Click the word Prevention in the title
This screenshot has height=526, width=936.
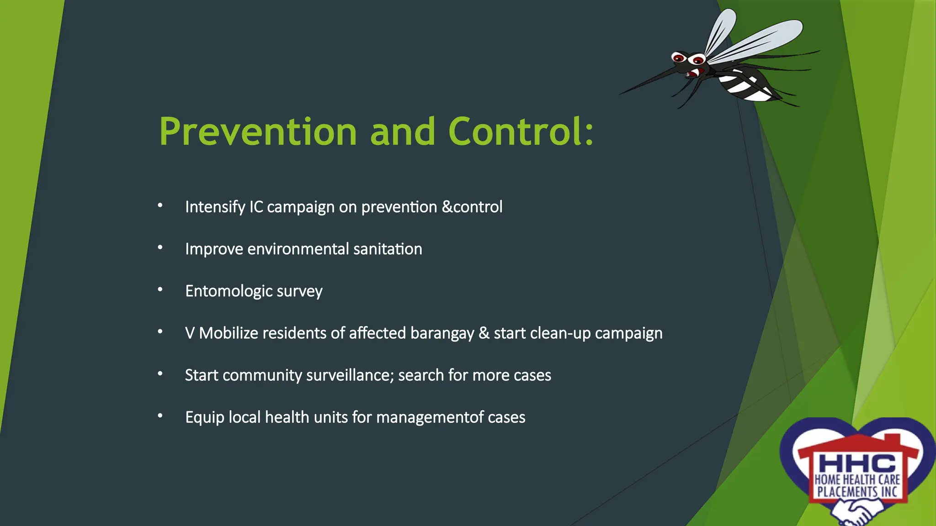pos(257,132)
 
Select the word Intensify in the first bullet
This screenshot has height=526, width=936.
pos(215,207)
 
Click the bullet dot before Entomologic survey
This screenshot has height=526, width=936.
pos(160,289)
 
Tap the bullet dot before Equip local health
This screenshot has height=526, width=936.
pos(160,416)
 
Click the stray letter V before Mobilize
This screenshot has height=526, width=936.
pos(190,333)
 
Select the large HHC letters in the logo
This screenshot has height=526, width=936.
pos(857,463)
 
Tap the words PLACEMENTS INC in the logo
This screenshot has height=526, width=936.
pos(857,492)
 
